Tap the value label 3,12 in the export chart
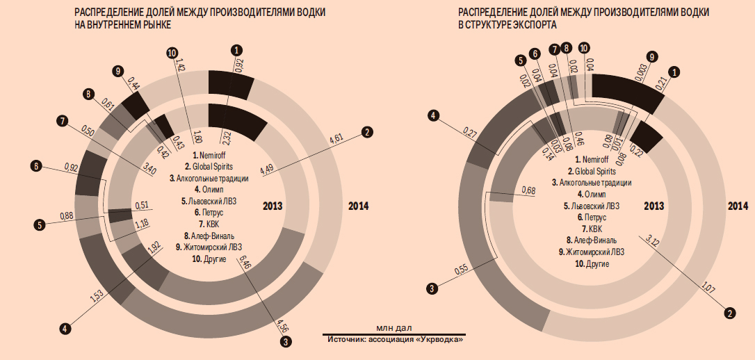coord(651,241)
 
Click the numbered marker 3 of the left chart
coord(286,341)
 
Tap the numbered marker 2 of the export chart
coord(729,313)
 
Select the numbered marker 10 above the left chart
coord(172,54)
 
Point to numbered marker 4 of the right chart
coord(433,115)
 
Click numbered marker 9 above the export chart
coord(651,56)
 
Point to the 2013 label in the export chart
coord(655,206)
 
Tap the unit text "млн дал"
coord(393,328)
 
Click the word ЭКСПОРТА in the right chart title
coord(532,24)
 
